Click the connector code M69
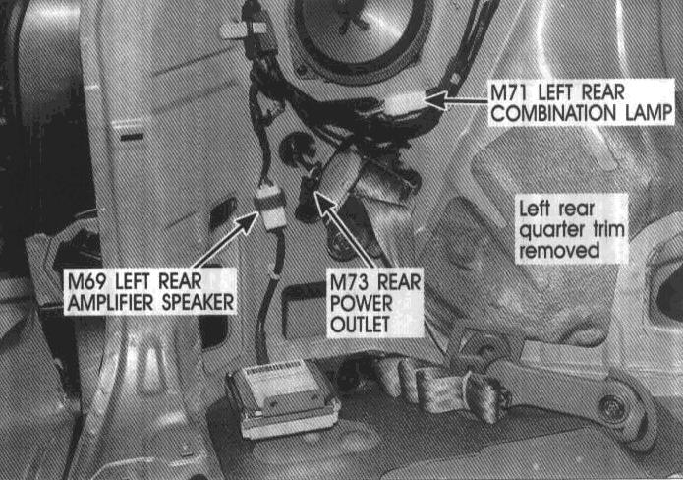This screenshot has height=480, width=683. point(86,281)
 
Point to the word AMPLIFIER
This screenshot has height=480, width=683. point(111,303)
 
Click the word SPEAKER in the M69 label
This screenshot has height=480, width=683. point(198,303)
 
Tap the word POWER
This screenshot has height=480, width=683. point(362,303)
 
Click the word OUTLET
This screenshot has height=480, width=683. point(360,325)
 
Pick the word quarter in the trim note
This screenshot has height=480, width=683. point(553,230)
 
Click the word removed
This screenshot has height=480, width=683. point(559,251)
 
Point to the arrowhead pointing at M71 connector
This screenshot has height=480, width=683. point(433,100)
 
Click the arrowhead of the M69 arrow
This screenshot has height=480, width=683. point(248,221)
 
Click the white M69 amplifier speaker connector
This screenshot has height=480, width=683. point(270,208)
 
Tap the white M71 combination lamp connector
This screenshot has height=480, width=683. point(403,103)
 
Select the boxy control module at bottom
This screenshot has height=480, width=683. point(282,397)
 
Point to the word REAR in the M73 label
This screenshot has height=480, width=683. point(399,282)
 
